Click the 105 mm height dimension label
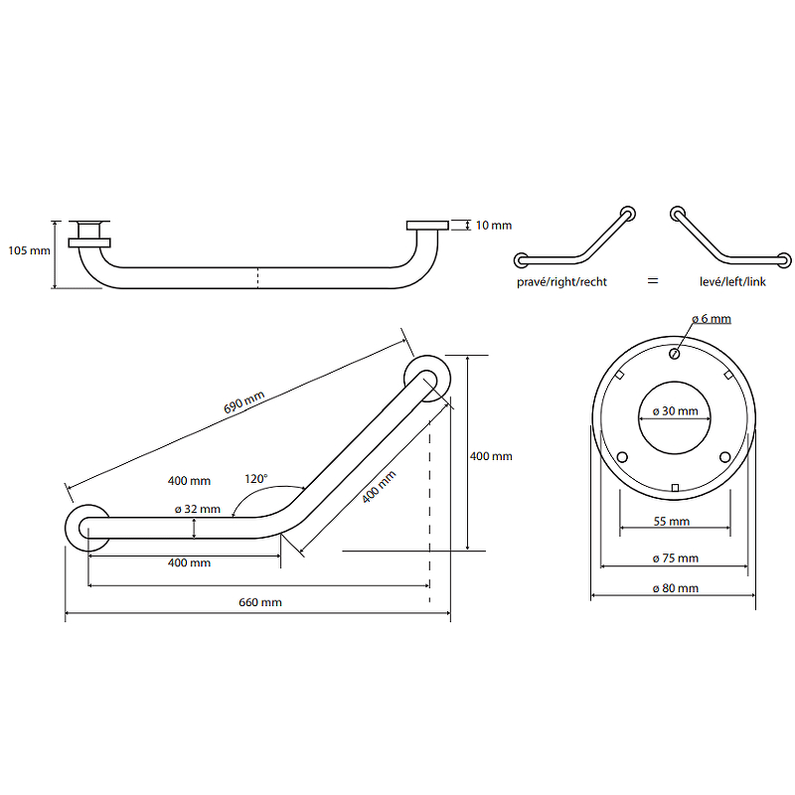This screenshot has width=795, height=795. [28, 249]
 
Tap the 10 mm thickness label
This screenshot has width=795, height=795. [493, 226]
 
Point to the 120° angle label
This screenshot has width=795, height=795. [255, 478]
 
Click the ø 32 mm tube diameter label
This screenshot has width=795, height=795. [197, 509]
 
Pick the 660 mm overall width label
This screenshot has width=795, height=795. [260, 602]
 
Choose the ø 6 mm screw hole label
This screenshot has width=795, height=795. [711, 318]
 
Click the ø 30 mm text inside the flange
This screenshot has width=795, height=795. [675, 411]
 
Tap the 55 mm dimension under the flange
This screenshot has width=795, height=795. [673, 521]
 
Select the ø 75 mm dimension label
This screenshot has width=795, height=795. [675, 558]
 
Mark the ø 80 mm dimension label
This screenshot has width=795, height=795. [675, 588]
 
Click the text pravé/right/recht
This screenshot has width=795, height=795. [561, 282]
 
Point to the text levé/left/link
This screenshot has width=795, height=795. [733, 282]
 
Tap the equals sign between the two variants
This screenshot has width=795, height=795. [653, 282]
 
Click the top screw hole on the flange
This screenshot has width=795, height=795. [674, 353]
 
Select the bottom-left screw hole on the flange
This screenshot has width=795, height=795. [623, 457]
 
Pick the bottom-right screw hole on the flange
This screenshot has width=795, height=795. [724, 457]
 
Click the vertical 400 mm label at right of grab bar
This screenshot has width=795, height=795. [491, 456]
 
